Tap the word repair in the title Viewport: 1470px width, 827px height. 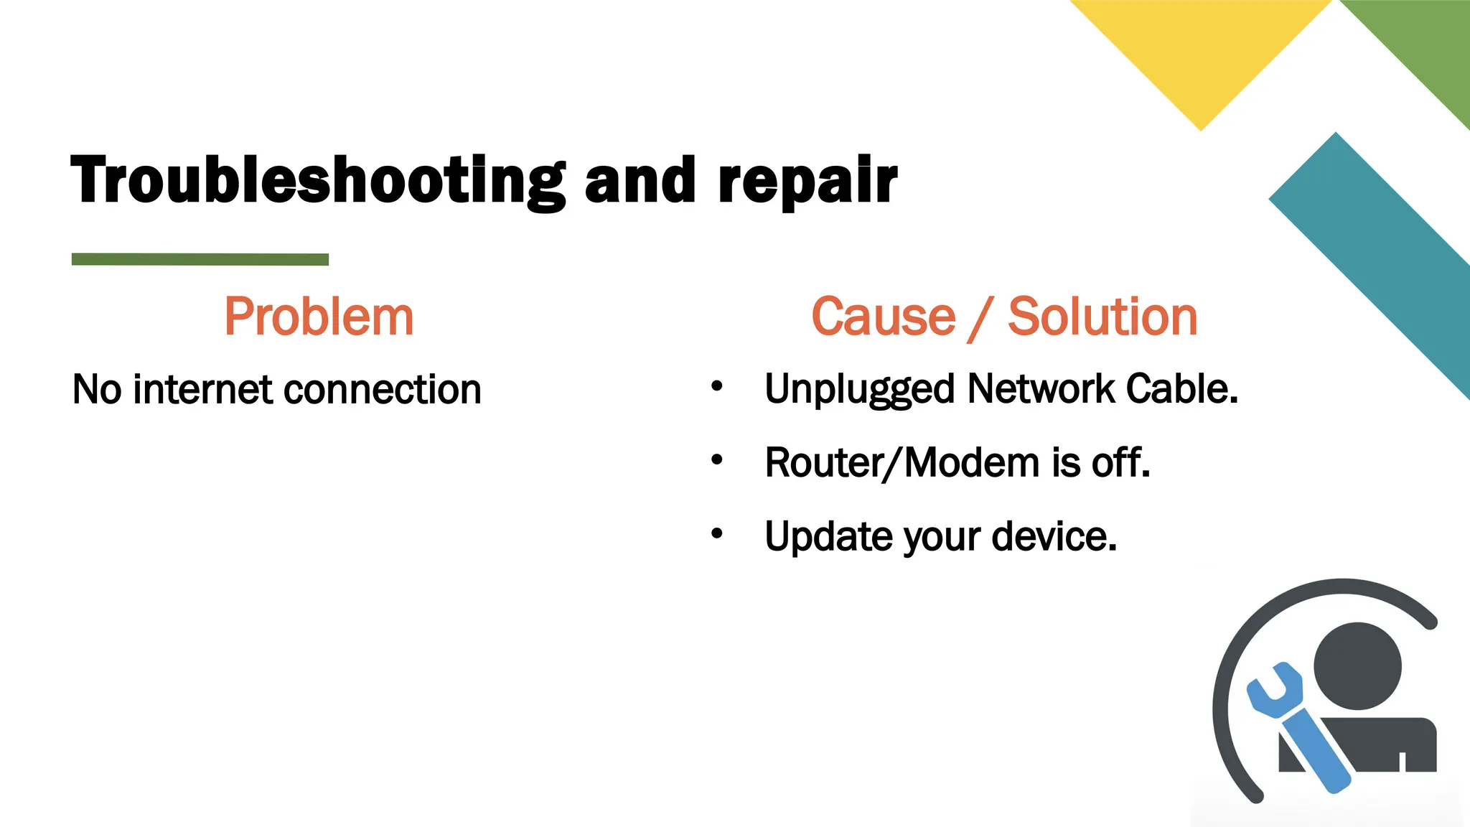click(x=807, y=180)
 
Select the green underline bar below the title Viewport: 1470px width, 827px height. click(x=200, y=259)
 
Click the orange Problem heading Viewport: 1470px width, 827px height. click(x=319, y=317)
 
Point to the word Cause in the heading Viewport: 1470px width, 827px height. click(x=884, y=317)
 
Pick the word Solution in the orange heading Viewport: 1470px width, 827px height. click(x=1102, y=317)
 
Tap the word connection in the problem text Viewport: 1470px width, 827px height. click(x=382, y=390)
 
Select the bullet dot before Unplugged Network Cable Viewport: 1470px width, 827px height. click(x=716, y=387)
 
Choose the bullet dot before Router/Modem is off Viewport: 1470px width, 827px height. click(x=716, y=460)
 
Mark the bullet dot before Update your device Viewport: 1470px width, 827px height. click(x=716, y=533)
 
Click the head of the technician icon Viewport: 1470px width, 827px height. click(x=1357, y=665)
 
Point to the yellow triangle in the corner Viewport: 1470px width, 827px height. click(x=1201, y=50)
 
